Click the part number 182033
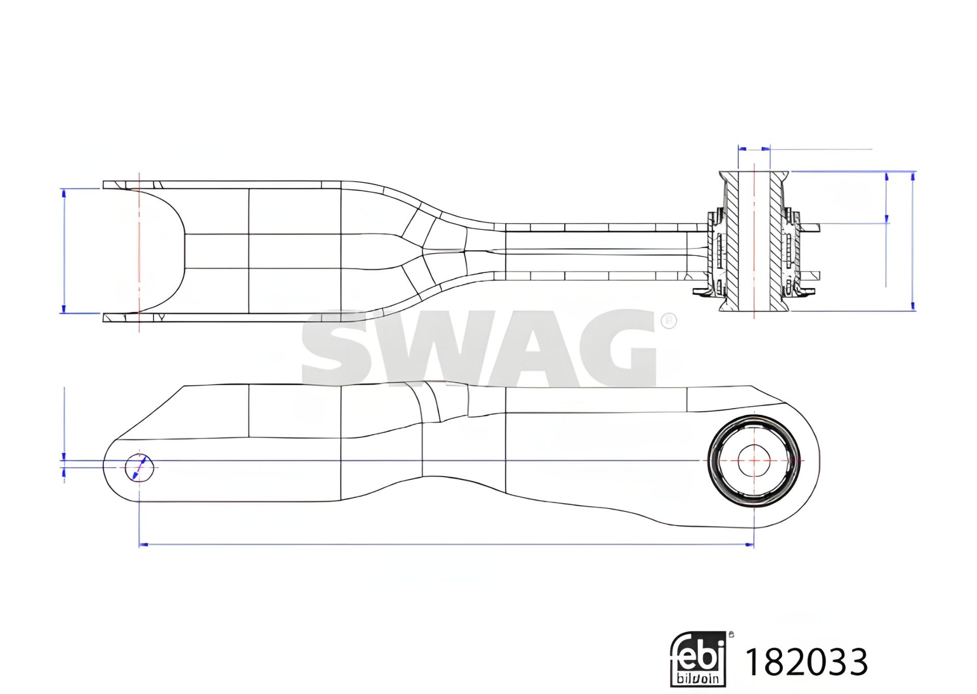point(806,662)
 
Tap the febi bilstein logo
point(698,659)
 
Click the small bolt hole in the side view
point(139,467)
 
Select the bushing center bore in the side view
point(754,461)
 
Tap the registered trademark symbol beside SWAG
point(669,321)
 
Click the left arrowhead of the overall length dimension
point(143,544)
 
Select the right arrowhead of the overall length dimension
point(750,544)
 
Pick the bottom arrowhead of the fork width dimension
point(64,308)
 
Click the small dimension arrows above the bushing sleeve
point(754,149)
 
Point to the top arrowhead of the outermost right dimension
point(912,176)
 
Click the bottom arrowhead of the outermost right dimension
point(912,306)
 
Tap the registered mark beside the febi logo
point(731,634)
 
